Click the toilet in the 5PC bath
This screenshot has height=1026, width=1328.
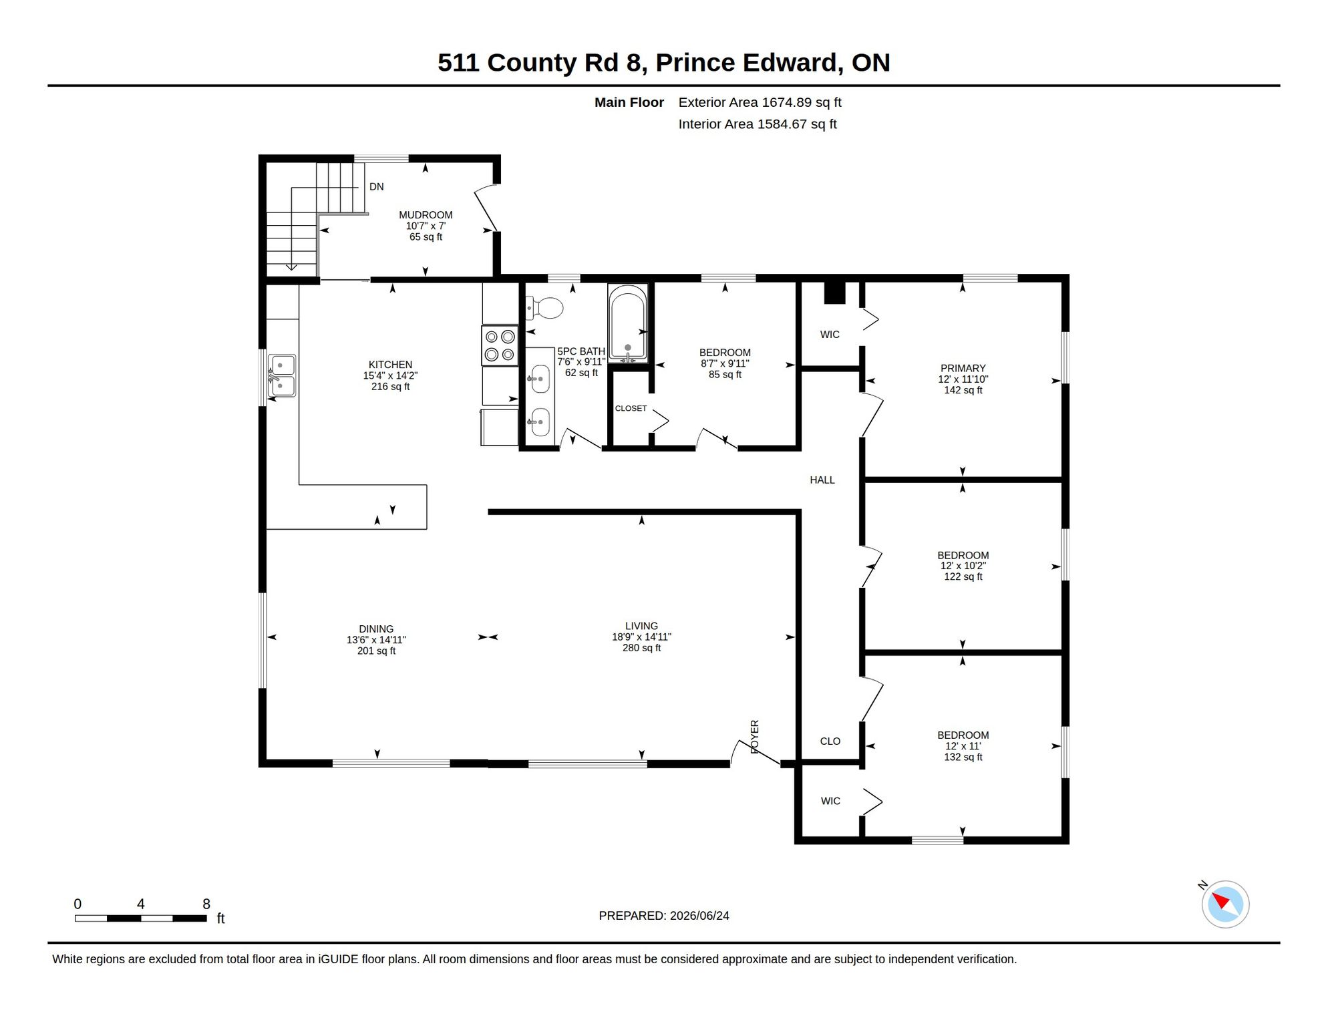coord(544,308)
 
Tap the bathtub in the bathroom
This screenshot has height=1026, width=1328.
coord(627,323)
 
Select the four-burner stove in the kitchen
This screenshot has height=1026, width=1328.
coord(500,345)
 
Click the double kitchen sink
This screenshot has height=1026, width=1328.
coord(282,375)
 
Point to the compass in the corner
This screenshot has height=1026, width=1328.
coord(1225,904)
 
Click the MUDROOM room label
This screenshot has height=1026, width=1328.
coord(426,215)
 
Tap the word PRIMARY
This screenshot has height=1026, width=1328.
coord(963,368)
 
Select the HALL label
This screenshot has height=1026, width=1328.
coord(822,480)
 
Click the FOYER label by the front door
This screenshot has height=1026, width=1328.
coord(755,737)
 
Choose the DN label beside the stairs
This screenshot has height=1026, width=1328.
coord(377,187)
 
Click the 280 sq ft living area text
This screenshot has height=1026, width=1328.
coord(641,648)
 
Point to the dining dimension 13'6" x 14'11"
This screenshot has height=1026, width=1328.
coord(376,640)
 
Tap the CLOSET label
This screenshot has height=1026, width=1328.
coord(631,408)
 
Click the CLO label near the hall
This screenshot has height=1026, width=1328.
coord(830,741)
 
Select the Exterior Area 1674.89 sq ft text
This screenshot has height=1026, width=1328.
coord(760,102)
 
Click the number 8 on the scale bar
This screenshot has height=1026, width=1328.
coord(206,904)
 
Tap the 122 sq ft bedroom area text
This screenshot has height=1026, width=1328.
coord(963,577)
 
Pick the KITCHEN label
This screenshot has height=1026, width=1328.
coord(390,365)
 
